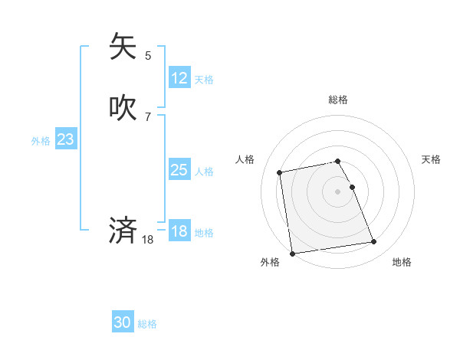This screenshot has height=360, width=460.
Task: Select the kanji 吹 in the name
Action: click(x=123, y=108)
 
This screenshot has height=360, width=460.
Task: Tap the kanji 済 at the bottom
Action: click(x=123, y=230)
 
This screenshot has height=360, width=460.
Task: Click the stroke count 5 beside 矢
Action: click(x=148, y=55)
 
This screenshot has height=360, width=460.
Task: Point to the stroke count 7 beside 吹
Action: click(x=148, y=117)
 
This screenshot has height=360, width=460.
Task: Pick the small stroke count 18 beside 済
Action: click(x=148, y=240)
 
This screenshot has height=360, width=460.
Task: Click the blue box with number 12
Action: click(x=179, y=78)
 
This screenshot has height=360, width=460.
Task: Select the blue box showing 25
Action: click(x=179, y=170)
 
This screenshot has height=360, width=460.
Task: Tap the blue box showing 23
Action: click(x=65, y=139)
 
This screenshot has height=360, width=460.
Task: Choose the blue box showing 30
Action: click(x=123, y=322)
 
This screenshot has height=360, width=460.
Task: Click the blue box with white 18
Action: click(x=179, y=231)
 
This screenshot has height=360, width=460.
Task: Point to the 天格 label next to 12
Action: click(x=204, y=80)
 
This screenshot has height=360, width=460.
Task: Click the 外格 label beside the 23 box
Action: click(x=41, y=141)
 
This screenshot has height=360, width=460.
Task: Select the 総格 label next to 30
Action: click(x=147, y=324)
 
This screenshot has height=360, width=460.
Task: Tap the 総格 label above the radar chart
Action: click(x=338, y=100)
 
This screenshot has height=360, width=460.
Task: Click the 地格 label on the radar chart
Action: click(x=402, y=262)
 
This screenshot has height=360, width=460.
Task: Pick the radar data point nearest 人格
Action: click(x=280, y=172)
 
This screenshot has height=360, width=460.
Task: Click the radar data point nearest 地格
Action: click(x=373, y=242)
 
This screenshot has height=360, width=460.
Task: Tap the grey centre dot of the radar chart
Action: click(x=338, y=191)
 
